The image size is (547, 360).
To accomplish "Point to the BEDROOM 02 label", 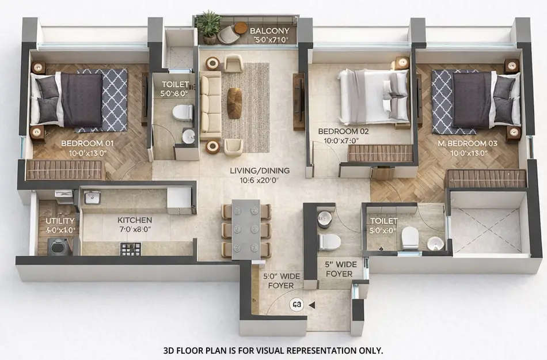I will point(343,131).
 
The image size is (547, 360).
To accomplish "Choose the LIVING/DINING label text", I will point(260,170).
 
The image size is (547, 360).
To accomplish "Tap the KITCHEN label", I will point(135,220).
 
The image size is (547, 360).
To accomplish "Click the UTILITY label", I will point(60,221).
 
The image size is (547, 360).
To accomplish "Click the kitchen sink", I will point(92,198).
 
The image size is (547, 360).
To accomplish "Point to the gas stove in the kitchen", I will point(130,249).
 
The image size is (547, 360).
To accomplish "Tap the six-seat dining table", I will point(246,229).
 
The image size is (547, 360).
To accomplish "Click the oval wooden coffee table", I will point(234,103).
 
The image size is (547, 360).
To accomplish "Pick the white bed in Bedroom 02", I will point(373,96).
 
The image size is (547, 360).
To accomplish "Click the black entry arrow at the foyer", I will point(312,305).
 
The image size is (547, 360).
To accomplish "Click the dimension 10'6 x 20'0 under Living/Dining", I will point(260,180).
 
